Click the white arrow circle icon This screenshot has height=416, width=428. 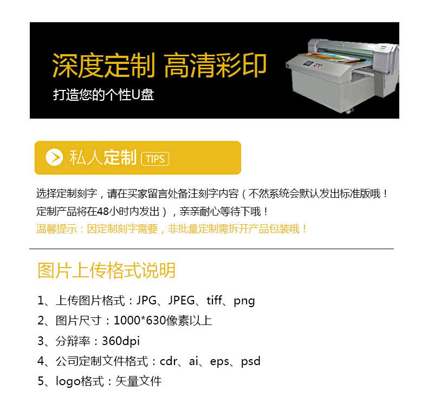pyautogui.click(x=54, y=157)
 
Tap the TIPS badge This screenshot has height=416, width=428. pyautogui.click(x=155, y=159)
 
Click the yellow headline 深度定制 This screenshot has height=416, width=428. pyautogui.click(x=103, y=66)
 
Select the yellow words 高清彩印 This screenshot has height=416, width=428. pyautogui.click(x=215, y=66)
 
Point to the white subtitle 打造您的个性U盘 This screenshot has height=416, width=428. pyautogui.click(x=103, y=95)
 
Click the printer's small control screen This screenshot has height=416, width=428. pyautogui.click(x=308, y=63)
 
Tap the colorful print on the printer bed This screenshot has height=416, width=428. pyautogui.click(x=330, y=57)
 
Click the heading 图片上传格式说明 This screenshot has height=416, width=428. pyautogui.click(x=106, y=270)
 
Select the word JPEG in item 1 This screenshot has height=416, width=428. pyautogui.click(x=181, y=300)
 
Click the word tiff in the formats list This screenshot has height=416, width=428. pyautogui.click(x=215, y=300)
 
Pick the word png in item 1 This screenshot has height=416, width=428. pyautogui.click(x=244, y=301)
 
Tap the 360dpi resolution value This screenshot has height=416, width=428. pyautogui.click(x=121, y=341)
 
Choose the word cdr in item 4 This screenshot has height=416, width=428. pyautogui.click(x=168, y=361)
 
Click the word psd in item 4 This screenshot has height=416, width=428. pyautogui.click(x=251, y=361)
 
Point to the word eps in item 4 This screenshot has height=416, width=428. pyautogui.click(x=219, y=362)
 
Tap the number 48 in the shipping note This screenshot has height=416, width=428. pyautogui.click(x=103, y=211)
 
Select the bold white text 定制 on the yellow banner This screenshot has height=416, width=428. pyautogui.click(x=120, y=158)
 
